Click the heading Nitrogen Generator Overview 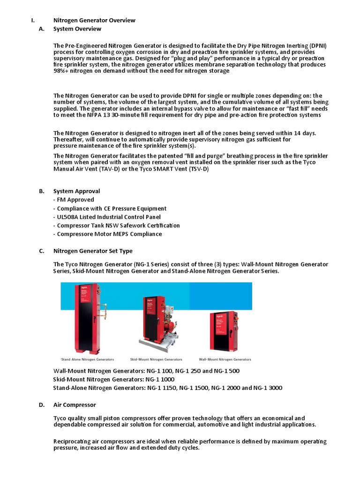94,20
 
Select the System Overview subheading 77,29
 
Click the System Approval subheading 76,191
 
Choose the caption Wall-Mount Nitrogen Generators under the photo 225,360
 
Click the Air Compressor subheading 75,405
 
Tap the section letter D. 41,405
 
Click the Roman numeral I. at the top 32,20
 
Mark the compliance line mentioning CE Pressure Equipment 110,209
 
